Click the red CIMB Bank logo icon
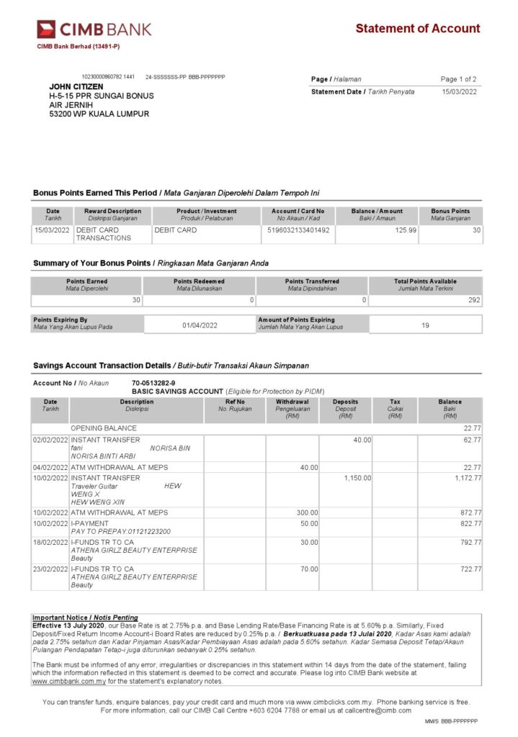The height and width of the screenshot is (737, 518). [x=46, y=30]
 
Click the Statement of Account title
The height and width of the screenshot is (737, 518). [x=417, y=29]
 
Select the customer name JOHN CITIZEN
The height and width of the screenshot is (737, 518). [x=76, y=86]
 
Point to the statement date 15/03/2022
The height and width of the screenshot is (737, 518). [x=459, y=91]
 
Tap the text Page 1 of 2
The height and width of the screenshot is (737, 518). [x=458, y=79]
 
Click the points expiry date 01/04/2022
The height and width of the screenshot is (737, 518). [x=200, y=325]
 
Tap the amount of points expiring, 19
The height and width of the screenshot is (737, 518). [x=425, y=325]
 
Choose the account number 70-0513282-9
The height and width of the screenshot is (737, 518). [x=153, y=383]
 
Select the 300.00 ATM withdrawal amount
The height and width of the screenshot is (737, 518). [x=308, y=512]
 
